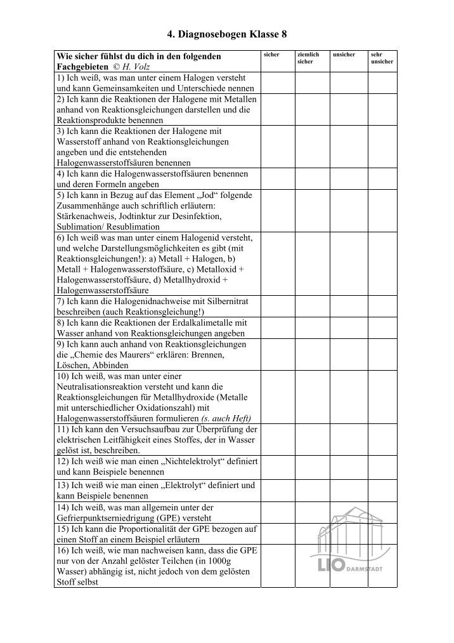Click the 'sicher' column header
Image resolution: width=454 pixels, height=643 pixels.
(x=271, y=55)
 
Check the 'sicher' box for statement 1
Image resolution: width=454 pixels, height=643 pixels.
(x=277, y=83)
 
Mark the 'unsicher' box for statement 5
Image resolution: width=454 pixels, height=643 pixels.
(x=347, y=211)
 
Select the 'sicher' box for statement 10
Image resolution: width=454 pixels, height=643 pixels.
(x=277, y=397)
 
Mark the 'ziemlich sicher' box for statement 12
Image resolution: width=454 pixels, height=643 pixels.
(x=312, y=467)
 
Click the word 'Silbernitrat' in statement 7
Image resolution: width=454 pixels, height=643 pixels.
(x=224, y=301)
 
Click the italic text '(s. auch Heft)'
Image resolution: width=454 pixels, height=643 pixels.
(x=226, y=418)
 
